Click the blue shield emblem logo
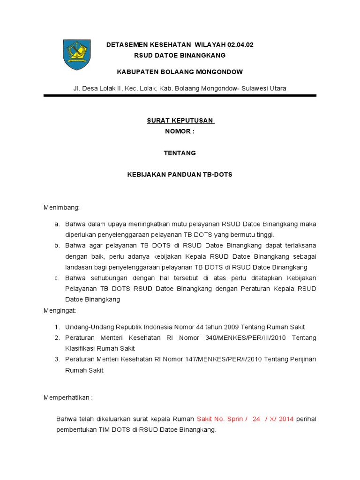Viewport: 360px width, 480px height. (x=77, y=54)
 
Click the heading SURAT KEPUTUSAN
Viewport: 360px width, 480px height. (x=180, y=120)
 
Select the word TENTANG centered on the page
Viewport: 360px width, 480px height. (x=180, y=153)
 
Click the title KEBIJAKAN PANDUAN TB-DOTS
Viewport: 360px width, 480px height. (x=180, y=174)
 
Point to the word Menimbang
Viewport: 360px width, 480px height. (x=61, y=207)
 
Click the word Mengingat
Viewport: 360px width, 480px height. (x=60, y=310)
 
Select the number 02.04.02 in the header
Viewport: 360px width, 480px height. (x=240, y=45)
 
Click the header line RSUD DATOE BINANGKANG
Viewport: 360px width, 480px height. (x=180, y=55)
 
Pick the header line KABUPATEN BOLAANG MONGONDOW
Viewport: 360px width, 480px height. (x=180, y=72)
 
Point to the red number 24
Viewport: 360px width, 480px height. (x=256, y=419)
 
